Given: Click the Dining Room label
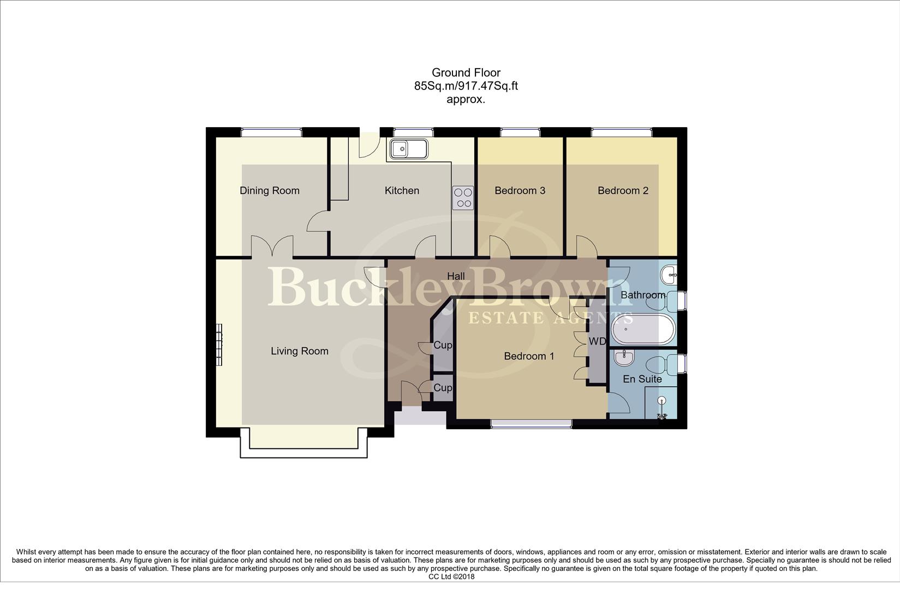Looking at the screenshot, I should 270,190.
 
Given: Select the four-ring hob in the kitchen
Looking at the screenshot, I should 463,197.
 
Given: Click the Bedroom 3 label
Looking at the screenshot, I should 520,190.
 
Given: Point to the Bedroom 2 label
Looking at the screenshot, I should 623,190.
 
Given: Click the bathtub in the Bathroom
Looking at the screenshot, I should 643,329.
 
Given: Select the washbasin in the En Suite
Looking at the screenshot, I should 624,358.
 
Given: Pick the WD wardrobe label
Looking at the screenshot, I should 597,341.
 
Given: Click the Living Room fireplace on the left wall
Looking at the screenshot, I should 219,345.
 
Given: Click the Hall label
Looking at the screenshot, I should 456,276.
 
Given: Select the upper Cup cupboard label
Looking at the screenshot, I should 443,345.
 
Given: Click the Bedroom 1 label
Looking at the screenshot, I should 529,356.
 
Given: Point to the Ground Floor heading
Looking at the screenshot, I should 466,73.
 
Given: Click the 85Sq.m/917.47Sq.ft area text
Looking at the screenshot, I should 466,86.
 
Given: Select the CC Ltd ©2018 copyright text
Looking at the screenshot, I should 451,576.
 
